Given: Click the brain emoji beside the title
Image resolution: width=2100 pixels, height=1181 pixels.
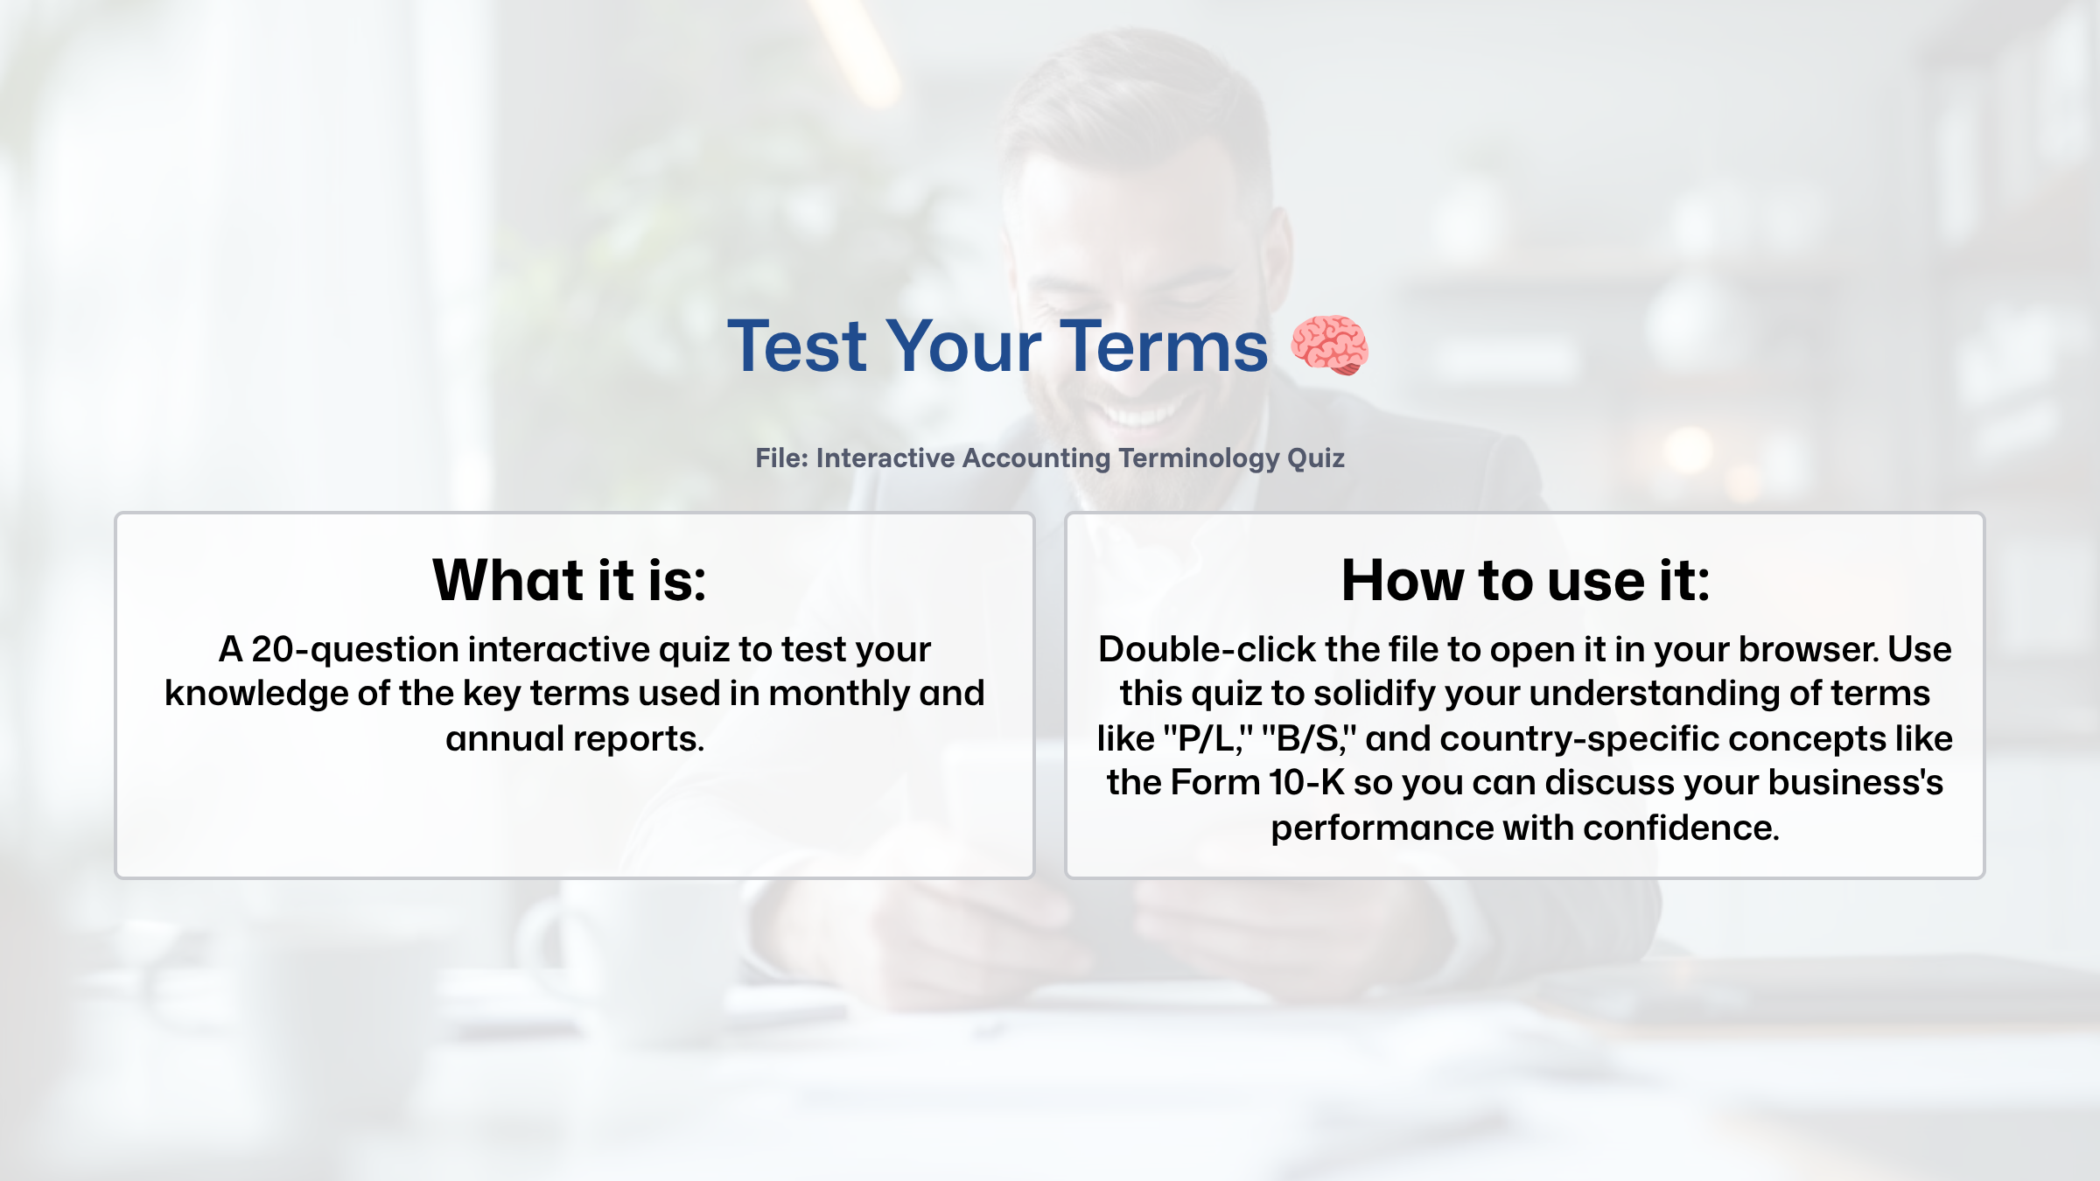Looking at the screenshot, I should [1329, 346].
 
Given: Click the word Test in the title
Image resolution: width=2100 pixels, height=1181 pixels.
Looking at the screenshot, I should [796, 346].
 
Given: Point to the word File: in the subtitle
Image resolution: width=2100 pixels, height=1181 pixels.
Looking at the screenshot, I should [781, 458].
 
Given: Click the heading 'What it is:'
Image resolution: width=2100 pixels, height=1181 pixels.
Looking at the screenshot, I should [570, 580].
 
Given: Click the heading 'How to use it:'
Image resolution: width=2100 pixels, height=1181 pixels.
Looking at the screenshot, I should [1525, 580].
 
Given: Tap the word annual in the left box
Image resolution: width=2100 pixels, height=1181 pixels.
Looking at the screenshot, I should [505, 739].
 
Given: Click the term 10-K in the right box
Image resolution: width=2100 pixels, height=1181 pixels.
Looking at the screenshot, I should [1306, 783].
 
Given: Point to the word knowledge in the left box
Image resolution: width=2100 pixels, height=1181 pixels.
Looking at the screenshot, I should [256, 694].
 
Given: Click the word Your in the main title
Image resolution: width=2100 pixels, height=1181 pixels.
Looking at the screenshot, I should [963, 346].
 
